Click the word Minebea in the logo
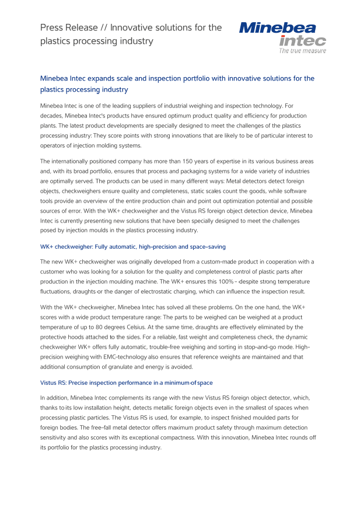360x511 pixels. coord(277,27)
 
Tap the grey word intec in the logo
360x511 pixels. coord(302,41)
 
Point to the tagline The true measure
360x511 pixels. coord(302,51)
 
